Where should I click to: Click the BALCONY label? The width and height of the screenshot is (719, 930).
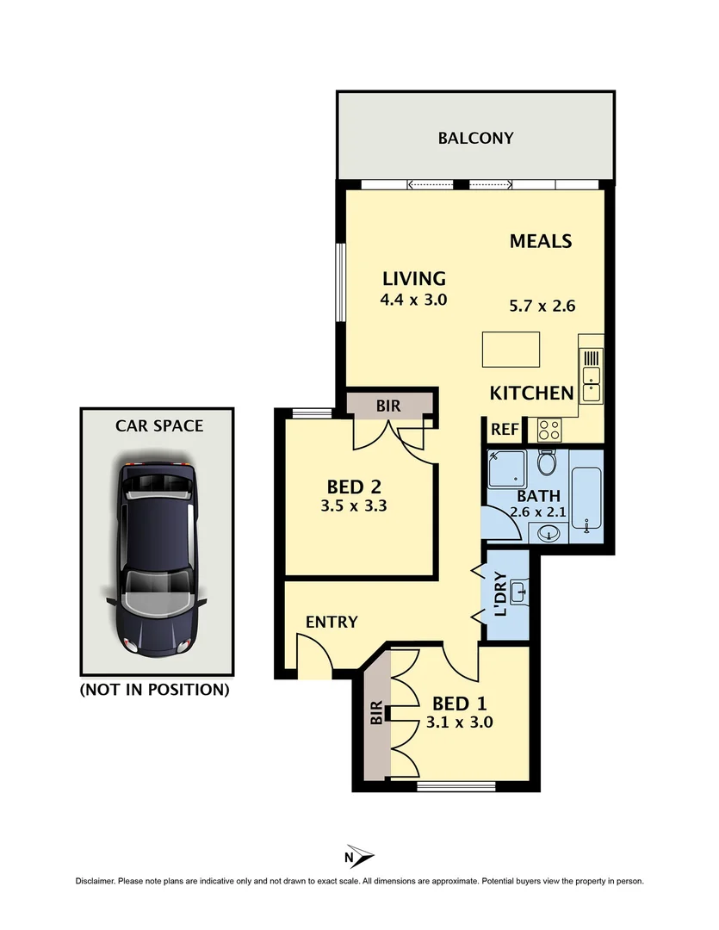point(475,138)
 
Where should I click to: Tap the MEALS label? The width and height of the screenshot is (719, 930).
point(541,241)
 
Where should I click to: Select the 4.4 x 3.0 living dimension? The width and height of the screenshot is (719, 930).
point(414,301)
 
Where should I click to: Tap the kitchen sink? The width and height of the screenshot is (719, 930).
point(591,375)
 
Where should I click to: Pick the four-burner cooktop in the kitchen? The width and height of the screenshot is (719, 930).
point(549,427)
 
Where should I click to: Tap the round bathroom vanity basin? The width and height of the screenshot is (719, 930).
point(544,535)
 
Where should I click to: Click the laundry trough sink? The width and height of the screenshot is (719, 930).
point(518,593)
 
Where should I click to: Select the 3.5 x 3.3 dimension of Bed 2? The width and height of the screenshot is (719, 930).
point(353,506)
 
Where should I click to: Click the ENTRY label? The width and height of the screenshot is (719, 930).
point(332,622)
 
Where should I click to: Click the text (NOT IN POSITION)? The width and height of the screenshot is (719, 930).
point(155,689)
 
